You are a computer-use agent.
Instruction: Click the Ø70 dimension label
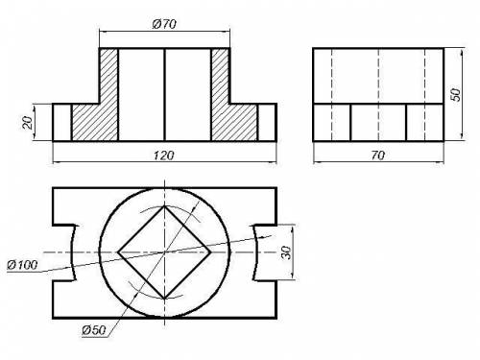point(164,24)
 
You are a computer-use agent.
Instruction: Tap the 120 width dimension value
point(164,156)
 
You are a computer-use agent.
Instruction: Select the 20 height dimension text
point(28,122)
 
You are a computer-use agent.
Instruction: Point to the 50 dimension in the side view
point(456,94)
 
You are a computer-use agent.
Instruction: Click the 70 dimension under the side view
point(378,156)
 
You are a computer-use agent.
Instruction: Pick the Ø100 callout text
point(22,265)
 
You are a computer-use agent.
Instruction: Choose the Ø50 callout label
point(93,330)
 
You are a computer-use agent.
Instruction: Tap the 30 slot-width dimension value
point(287,252)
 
